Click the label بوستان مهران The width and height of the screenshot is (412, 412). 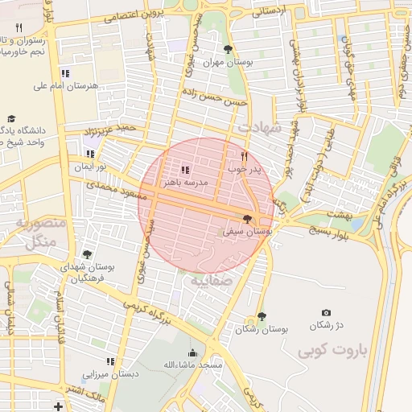click(x=230, y=61)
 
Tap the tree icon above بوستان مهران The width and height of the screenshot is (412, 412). click(x=230, y=49)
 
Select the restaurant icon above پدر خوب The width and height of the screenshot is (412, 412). click(x=245, y=157)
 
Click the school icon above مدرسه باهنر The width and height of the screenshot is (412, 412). click(x=185, y=170)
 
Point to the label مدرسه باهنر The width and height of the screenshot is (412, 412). click(x=185, y=183)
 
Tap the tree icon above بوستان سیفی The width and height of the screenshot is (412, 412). click(x=247, y=219)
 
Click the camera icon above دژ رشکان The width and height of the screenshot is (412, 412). click(x=326, y=312)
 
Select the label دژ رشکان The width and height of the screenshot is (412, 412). click(x=326, y=324)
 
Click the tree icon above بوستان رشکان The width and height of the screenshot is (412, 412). click(x=262, y=316)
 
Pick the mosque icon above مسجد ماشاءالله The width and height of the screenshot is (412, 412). click(x=192, y=352)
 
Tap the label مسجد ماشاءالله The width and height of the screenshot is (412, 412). click(x=192, y=365)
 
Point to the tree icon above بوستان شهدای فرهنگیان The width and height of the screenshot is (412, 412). click(x=86, y=254)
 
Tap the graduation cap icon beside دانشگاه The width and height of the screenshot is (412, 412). click(x=11, y=118)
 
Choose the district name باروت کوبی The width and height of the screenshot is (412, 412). click(x=332, y=352)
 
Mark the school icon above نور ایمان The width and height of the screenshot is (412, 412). click(x=90, y=154)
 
